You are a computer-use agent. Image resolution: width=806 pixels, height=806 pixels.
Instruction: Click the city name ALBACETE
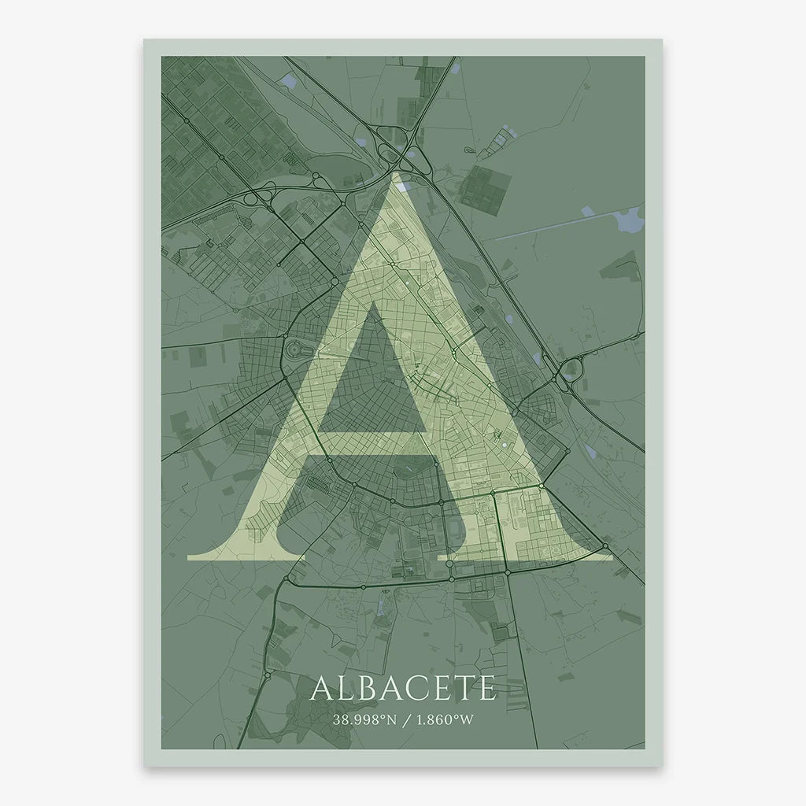(403, 687)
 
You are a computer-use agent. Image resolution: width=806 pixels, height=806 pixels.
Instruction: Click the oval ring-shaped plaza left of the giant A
(296, 349)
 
